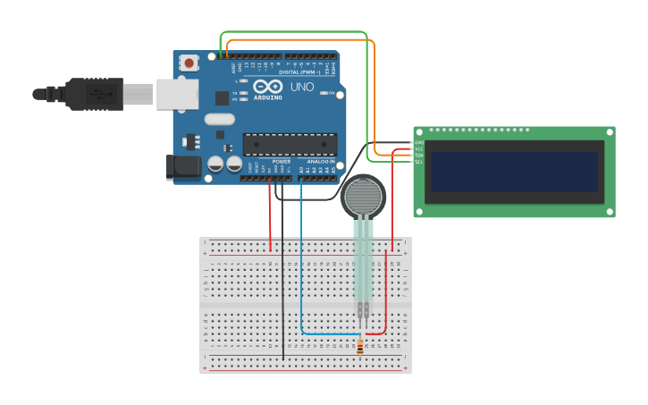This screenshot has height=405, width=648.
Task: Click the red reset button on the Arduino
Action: (189, 63)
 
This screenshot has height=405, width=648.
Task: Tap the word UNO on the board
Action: (302, 87)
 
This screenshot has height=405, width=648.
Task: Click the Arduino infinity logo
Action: (268, 87)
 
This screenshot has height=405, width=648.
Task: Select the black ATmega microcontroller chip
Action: (290, 144)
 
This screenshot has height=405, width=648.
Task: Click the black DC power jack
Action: (181, 167)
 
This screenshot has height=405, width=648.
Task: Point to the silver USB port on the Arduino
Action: (177, 93)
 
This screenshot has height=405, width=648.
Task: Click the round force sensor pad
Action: (363, 196)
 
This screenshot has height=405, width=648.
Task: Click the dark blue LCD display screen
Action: (514, 172)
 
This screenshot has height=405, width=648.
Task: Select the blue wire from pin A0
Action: (301, 268)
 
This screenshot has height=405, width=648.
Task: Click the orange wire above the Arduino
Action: (295, 40)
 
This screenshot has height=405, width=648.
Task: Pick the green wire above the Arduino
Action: (295, 31)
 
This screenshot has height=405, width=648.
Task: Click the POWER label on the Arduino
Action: (269, 162)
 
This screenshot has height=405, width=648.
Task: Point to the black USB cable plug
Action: (94, 93)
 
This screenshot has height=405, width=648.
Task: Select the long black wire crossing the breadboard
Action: (283, 286)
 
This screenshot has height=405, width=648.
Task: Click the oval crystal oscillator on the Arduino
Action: (219, 119)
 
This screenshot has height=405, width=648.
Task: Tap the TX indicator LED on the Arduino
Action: (242, 93)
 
